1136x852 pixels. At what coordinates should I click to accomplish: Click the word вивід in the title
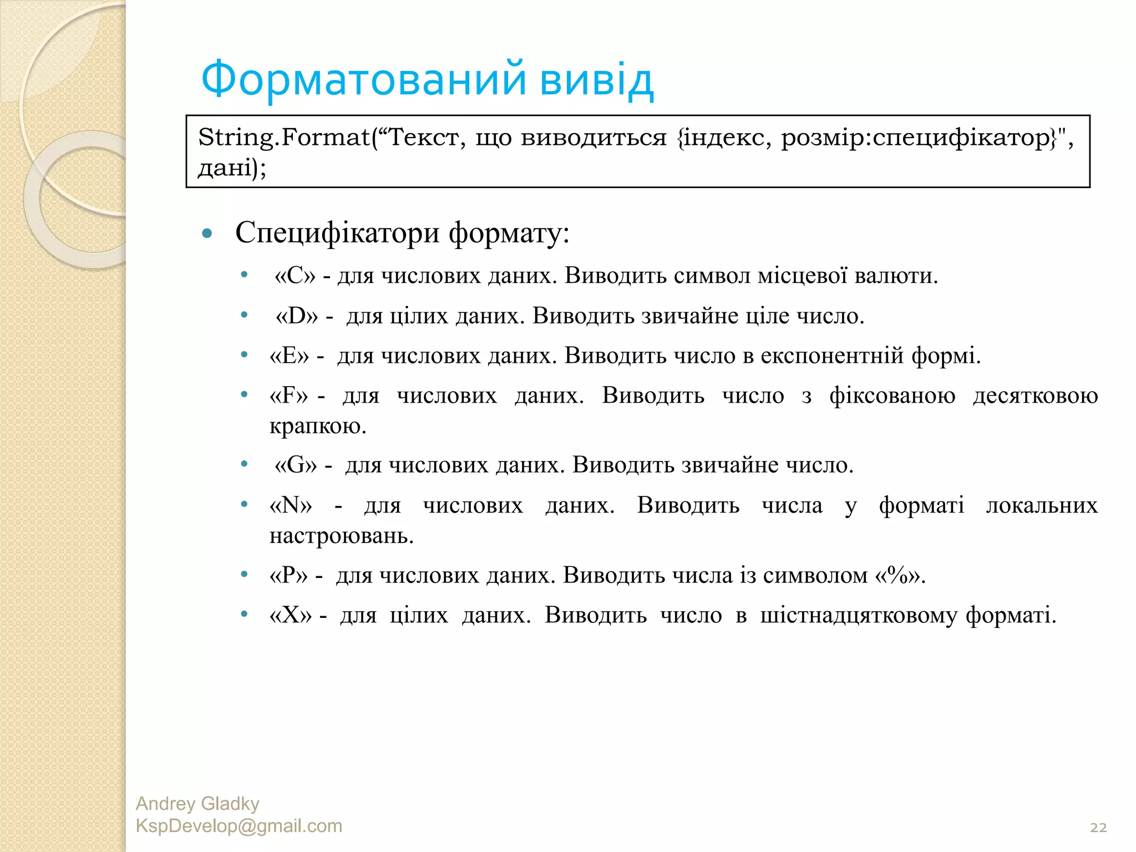[x=597, y=79]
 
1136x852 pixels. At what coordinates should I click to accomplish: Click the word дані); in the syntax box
[x=232, y=167]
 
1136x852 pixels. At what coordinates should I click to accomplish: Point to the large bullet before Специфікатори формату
[x=207, y=234]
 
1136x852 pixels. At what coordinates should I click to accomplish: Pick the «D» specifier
[x=297, y=316]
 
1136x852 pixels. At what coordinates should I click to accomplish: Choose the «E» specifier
[x=289, y=356]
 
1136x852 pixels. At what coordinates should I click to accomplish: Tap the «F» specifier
[x=288, y=395]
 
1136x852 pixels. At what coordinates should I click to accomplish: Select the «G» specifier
[x=296, y=465]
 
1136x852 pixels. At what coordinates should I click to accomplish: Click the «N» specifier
[x=291, y=505]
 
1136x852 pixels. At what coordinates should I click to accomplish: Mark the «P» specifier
[x=288, y=575]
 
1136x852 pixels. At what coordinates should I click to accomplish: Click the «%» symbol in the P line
[x=899, y=575]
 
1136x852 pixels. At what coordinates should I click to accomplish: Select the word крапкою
[x=317, y=426]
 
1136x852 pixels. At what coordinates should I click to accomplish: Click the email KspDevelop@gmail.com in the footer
[x=239, y=826]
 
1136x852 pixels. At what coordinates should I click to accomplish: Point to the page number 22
[x=1098, y=828]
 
